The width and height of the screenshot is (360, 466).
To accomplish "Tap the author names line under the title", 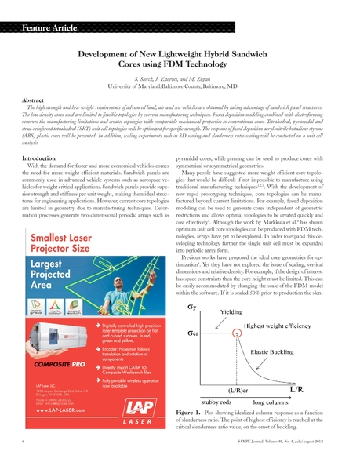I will (180, 82).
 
